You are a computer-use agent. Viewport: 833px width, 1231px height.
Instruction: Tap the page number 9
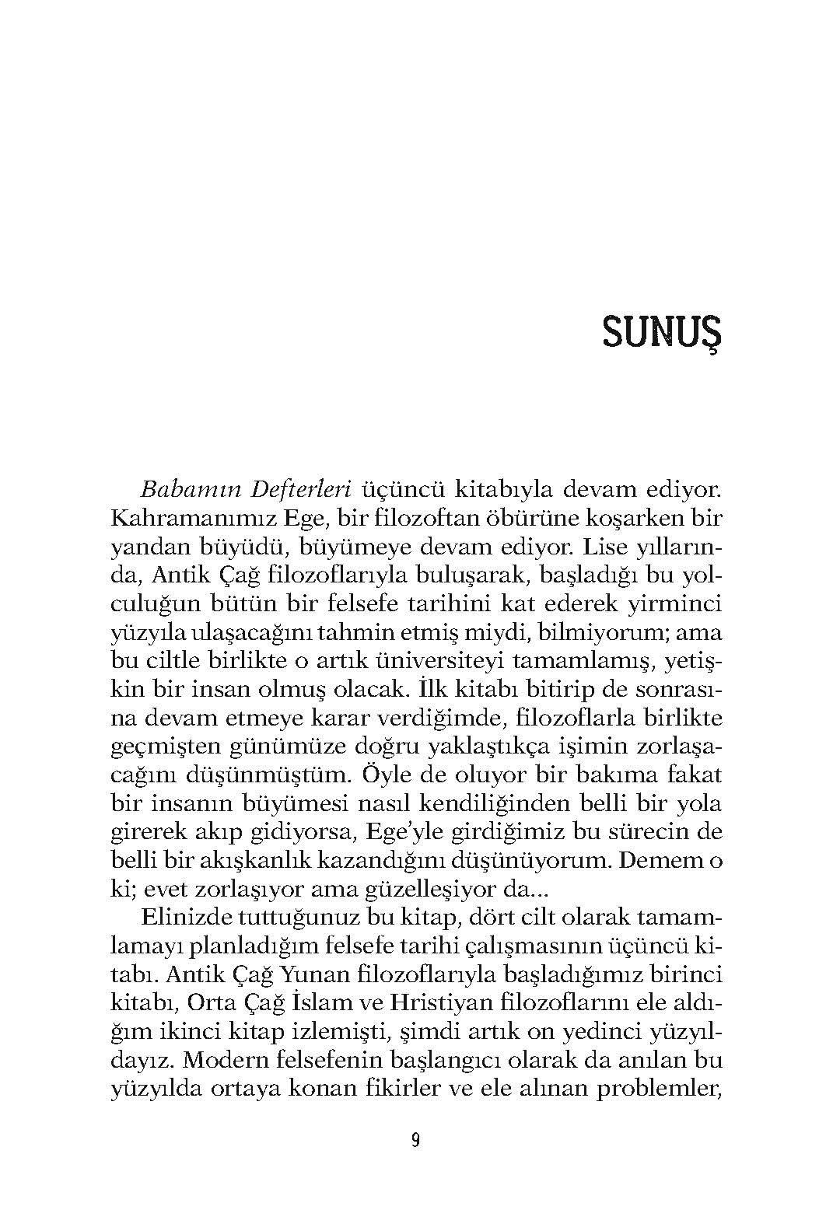[x=416, y=1142]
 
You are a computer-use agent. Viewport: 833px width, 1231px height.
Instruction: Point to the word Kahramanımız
[x=179, y=519]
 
